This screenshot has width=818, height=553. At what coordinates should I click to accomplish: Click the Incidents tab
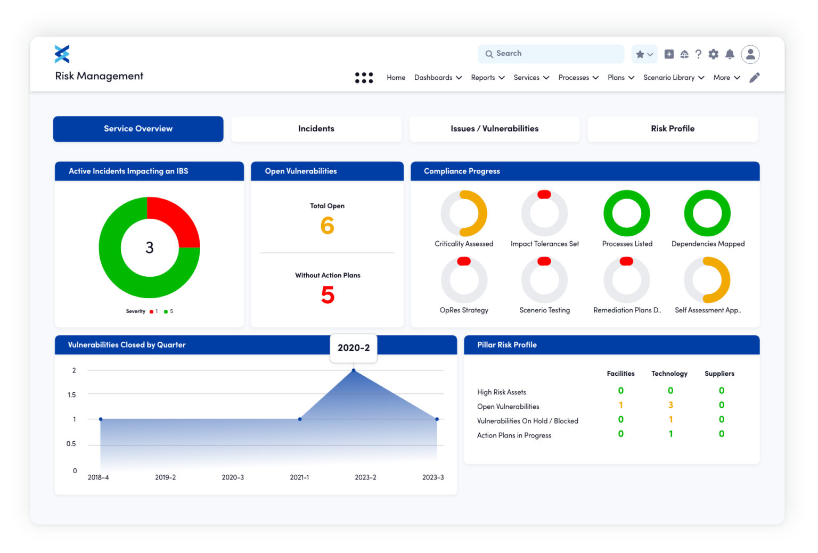[x=316, y=129]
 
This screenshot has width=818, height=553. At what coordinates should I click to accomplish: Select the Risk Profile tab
[x=672, y=129]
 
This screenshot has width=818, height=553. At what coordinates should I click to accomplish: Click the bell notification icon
[x=730, y=54]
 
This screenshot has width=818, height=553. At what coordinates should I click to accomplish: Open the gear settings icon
[x=714, y=54]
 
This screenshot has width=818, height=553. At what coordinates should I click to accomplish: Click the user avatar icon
[x=750, y=54]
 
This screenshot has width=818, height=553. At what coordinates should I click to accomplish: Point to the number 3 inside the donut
[x=150, y=247]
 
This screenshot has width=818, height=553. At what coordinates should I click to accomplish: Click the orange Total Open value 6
[x=327, y=226]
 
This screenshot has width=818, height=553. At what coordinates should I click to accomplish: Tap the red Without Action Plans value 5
[x=328, y=295]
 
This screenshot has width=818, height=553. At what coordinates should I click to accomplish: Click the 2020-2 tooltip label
[x=354, y=348]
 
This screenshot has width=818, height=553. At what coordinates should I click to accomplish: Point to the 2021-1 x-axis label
[x=299, y=477]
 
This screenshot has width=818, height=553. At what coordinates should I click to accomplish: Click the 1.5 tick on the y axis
[x=72, y=395]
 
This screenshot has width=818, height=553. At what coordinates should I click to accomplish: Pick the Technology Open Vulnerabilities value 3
[x=670, y=406]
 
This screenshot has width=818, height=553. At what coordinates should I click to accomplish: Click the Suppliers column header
[x=719, y=374]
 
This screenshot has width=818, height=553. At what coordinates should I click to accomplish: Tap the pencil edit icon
[x=754, y=78]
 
